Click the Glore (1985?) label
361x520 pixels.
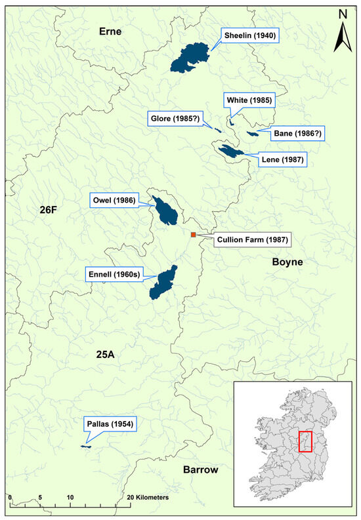[176, 119]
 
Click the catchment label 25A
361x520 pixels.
[105, 355]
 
